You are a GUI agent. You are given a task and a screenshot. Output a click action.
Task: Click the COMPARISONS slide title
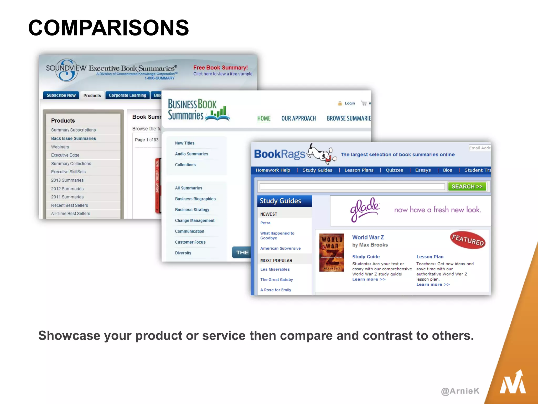(108, 28)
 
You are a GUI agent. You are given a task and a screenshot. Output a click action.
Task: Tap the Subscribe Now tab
(61, 95)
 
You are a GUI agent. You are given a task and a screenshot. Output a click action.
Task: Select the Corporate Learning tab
(127, 95)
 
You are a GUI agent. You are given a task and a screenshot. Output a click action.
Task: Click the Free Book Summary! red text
(220, 68)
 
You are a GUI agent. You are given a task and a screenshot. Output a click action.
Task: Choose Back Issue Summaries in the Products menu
(73, 138)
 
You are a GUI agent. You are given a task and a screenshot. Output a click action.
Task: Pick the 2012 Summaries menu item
(67, 189)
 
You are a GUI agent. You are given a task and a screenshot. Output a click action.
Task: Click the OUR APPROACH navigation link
(298, 118)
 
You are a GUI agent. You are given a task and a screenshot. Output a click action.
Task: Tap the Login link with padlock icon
(347, 103)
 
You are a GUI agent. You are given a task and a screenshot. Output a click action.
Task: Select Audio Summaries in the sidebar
(192, 154)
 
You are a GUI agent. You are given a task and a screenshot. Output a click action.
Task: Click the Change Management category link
(195, 220)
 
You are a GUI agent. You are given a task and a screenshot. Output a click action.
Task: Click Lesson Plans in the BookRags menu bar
(359, 170)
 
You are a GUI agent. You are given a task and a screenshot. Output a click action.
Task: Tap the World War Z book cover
(332, 252)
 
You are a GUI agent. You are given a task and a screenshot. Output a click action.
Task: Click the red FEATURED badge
(468, 240)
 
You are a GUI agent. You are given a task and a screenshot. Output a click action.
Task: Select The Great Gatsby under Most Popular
(276, 280)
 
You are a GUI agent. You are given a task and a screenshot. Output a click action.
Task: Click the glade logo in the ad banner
(364, 210)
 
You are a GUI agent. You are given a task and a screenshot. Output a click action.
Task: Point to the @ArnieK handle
(460, 391)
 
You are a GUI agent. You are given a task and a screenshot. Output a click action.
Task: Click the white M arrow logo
(513, 383)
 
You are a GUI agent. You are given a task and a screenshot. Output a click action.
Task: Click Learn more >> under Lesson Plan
(433, 284)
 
